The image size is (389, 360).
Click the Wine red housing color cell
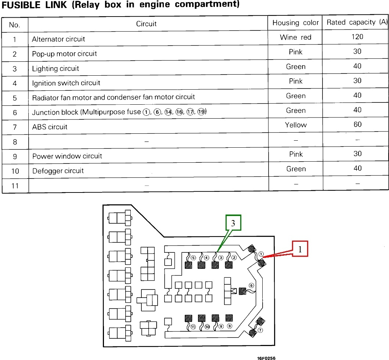coord(295,37)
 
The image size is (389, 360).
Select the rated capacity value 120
coord(357,36)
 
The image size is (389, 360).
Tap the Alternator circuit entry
coord(58,39)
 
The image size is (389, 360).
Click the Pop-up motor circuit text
coord(64,54)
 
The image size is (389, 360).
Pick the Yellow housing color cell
coord(296,125)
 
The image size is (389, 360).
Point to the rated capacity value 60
coord(357,125)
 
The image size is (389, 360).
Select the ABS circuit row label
coord(50,127)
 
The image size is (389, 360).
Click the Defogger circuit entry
coord(58,171)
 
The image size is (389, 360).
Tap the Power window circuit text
coord(67,156)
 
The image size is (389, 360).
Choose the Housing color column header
coord(295,23)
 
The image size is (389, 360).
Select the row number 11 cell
coord(15,186)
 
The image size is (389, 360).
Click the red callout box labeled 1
coord(300,249)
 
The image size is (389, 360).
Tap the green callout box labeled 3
coord(233,223)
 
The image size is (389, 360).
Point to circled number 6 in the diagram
coord(251,285)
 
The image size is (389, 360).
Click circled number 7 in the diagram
coord(260,330)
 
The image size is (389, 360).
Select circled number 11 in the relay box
coord(193,326)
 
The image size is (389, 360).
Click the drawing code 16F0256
coord(266,357)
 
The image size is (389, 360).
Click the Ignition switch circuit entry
coord(66,83)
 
